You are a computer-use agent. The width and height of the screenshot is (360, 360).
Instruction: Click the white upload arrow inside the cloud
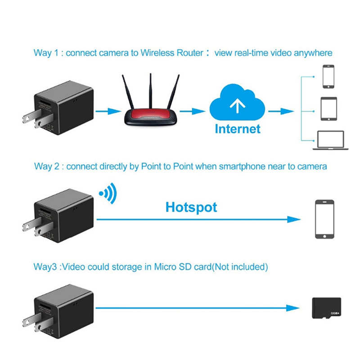click(x=235, y=107)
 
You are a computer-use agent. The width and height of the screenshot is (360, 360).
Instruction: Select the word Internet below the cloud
click(x=238, y=129)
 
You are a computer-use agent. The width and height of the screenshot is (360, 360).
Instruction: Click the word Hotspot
click(x=191, y=207)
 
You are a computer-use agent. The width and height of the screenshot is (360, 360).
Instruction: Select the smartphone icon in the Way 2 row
click(x=324, y=220)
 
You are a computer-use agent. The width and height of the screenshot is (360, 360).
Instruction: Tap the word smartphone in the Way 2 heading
click(x=241, y=166)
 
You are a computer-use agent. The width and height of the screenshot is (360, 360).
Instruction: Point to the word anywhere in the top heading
click(x=313, y=53)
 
